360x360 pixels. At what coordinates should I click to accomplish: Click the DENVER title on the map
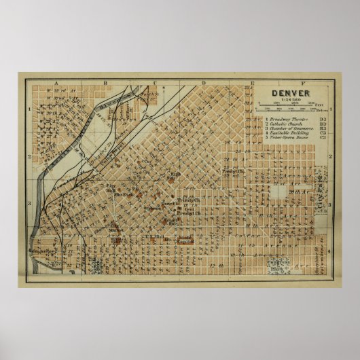click(x=290, y=94)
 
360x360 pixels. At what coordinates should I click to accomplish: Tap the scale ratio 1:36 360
click(x=290, y=101)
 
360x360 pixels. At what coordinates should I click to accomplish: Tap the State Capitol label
click(x=185, y=240)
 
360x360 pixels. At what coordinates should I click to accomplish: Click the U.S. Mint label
click(x=156, y=236)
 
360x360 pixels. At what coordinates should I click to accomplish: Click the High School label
click(x=175, y=176)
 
